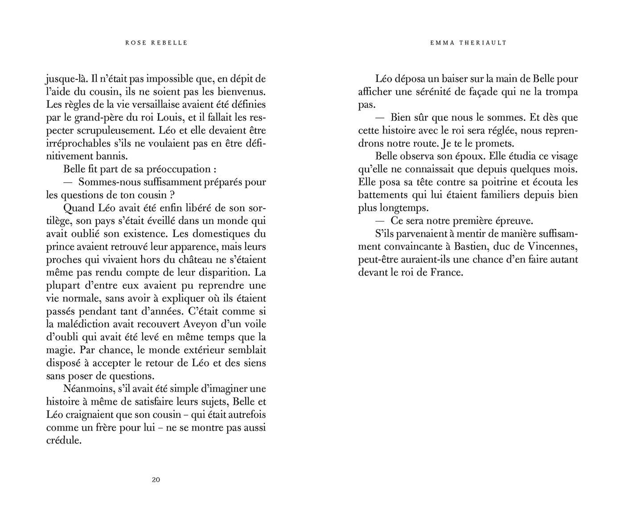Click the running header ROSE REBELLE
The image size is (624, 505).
(156, 43)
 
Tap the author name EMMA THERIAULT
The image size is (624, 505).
(468, 43)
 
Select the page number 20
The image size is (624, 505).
(156, 480)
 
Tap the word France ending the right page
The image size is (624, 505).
(446, 272)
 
